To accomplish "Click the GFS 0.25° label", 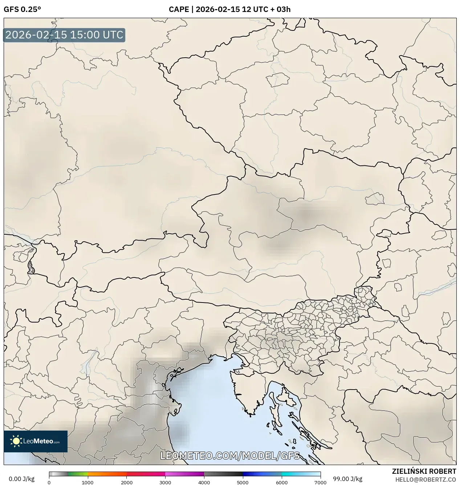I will pos(22,9).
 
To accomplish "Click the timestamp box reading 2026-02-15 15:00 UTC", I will pos(64,35).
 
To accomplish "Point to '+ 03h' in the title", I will pos(280,9).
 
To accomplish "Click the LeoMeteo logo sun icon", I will pos(16,441).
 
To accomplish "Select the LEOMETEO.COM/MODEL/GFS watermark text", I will pos(230,456).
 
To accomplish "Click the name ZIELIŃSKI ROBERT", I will pos(424,472).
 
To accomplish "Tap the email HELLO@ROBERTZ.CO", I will pos(426,480).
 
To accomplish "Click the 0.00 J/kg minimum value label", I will pos(21,479).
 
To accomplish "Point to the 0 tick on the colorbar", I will pos(49,482).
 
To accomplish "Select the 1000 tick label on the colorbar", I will pos(87,482).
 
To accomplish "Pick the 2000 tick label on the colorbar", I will pos(126,482).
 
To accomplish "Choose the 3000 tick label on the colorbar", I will pos(165,482).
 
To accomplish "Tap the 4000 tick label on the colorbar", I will pos(204,482).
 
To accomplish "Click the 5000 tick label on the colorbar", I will pos(243,482).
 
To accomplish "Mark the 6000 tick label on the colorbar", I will pos(281,482).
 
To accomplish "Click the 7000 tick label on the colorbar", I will pos(320,482).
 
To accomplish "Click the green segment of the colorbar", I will pos(78,474).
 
